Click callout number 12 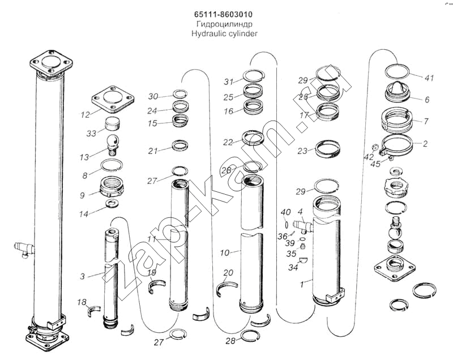(86, 115)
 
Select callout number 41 (429, 78)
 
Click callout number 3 (82, 276)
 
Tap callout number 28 (230, 341)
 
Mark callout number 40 (287, 212)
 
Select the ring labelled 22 (253, 138)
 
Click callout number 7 (425, 121)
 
